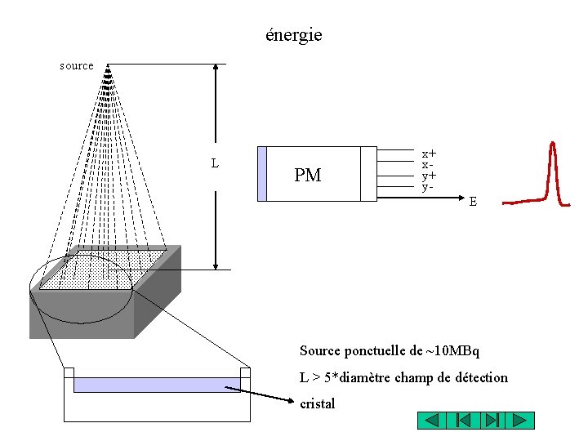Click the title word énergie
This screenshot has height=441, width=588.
pos(294,35)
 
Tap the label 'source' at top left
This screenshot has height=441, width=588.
pos(77,65)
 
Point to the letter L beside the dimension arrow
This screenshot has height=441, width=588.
pos(215,163)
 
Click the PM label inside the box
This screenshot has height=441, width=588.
pos(308,175)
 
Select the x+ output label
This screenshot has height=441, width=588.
pos(428,153)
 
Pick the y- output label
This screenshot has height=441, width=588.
pos(426,187)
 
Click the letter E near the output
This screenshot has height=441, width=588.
pos(473,201)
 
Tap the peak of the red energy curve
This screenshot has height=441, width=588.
pos(553,145)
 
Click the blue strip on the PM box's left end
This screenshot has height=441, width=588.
pos(262,173)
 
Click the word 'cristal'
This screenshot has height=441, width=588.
pos(318,403)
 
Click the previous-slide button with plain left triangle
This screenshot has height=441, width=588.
pos(432,421)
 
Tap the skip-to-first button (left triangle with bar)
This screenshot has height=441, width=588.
pos(461,421)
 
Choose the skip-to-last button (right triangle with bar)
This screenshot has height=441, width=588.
pos(491,421)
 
